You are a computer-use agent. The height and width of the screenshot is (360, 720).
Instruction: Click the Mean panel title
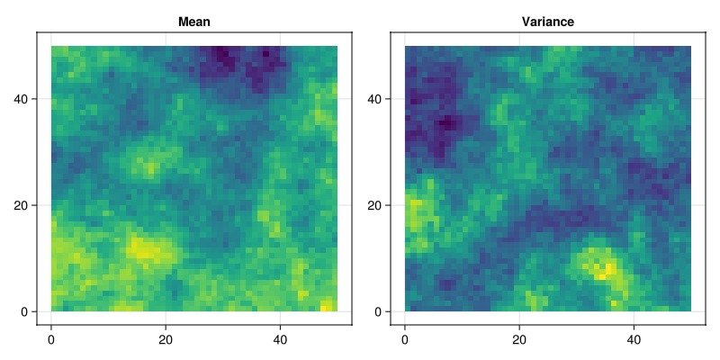[195, 22]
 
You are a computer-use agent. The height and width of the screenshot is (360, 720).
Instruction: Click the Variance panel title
[548, 22]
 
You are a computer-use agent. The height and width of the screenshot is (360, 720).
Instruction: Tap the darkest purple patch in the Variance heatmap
[445, 123]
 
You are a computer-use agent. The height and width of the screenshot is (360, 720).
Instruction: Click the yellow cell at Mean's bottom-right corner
[326, 307]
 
